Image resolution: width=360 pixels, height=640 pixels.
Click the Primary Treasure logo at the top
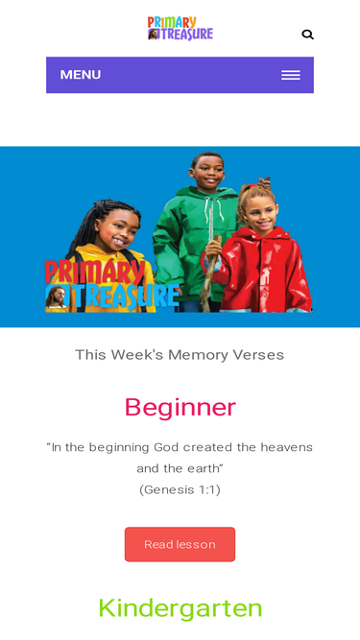click(x=180, y=28)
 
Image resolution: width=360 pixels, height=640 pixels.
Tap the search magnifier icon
click(x=307, y=35)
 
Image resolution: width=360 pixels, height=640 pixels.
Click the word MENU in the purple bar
click(x=81, y=75)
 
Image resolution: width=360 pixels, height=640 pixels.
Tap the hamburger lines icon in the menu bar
click(x=290, y=75)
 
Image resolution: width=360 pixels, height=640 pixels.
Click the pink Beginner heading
click(x=180, y=407)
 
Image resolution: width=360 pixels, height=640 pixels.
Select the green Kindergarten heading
click(x=180, y=607)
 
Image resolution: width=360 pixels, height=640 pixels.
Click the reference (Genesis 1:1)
click(x=180, y=489)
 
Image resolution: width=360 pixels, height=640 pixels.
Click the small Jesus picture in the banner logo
click(x=57, y=296)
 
